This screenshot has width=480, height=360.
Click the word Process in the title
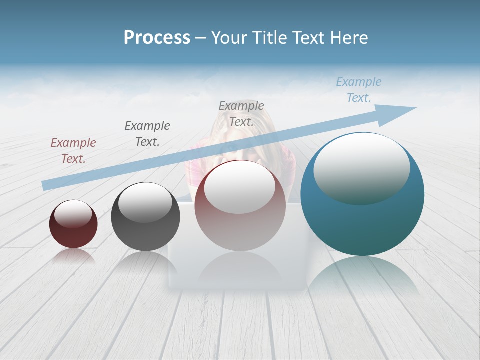[157, 38]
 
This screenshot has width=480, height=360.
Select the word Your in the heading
[227, 38]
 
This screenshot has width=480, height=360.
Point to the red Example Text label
[73, 150]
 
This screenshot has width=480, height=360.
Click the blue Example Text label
[358, 90]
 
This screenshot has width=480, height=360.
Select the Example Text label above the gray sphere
[147, 133]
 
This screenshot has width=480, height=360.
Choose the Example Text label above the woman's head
[241, 113]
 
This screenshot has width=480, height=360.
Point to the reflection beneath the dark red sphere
[73, 256]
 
